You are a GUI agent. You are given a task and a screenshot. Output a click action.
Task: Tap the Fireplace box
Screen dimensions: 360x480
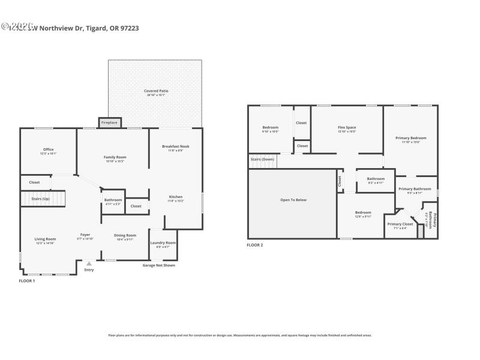[109, 122]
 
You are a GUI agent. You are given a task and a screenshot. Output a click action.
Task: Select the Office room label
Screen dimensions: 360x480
[48, 149]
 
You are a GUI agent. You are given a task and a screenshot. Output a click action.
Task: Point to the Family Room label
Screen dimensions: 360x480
[115, 157]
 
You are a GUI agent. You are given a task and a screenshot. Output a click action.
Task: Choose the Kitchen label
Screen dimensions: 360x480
[175, 197]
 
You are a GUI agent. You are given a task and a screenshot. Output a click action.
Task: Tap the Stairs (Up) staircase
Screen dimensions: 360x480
[43, 199]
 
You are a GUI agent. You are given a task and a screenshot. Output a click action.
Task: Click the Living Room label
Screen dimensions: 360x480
[45, 239]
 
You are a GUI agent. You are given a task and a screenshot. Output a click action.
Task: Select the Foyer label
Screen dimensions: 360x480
[85, 235]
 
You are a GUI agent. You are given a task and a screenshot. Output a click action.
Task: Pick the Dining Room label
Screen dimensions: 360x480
[125, 235]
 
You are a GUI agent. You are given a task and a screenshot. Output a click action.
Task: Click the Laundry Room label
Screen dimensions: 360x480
[162, 242]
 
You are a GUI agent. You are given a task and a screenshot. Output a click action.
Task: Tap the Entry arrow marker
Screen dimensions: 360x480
[89, 263]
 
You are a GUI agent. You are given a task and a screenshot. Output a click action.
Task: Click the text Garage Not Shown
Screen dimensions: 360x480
[158, 265]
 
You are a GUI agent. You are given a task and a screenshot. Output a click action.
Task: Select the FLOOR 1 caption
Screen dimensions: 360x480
[27, 281]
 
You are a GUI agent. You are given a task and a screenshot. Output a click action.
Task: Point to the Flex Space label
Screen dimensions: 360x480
[347, 127]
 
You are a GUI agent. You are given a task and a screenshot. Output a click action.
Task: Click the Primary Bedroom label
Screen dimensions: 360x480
[411, 138]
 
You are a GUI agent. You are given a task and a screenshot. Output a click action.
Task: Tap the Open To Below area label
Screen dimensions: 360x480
[293, 200]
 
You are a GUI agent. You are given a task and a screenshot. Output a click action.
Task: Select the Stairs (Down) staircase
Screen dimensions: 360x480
[262, 160]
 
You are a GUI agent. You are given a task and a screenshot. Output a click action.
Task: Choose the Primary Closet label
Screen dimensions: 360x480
[400, 224]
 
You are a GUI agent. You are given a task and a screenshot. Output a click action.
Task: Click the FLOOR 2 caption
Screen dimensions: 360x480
[255, 245]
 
